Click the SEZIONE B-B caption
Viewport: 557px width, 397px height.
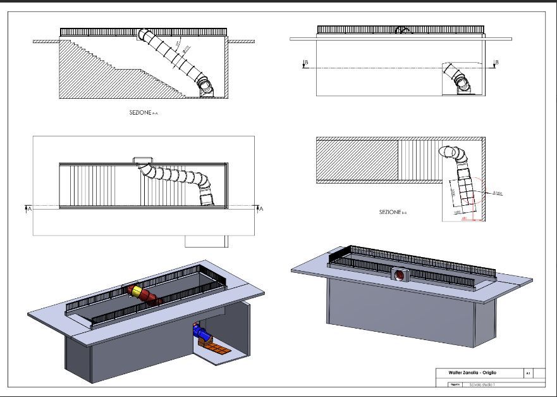pyautogui.click(x=393, y=212)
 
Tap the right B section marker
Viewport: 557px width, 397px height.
pyautogui.click(x=496, y=63)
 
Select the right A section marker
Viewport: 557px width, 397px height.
pyautogui.click(x=259, y=207)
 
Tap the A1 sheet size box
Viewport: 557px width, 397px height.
pyautogui.click(x=528, y=374)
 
